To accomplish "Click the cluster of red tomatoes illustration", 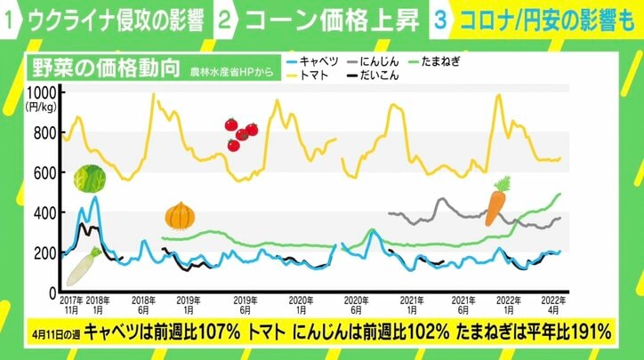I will [239, 133].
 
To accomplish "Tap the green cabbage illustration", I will [88, 180].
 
